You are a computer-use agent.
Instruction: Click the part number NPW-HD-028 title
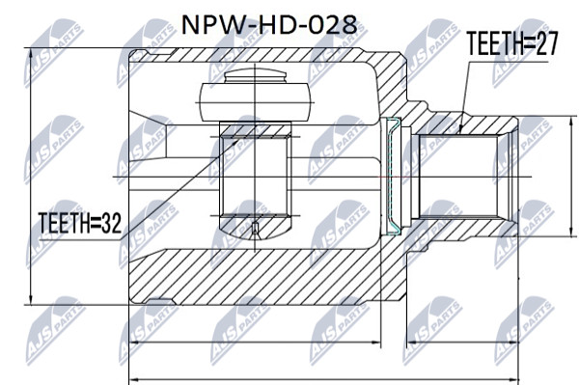(269, 25)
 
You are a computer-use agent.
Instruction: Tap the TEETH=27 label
(511, 43)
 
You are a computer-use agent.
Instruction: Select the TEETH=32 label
(80, 223)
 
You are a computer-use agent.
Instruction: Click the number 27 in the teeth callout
(546, 43)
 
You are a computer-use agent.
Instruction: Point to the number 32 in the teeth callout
(112, 223)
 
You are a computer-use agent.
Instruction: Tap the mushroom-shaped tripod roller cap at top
(255, 96)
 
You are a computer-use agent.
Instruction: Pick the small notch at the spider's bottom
(255, 230)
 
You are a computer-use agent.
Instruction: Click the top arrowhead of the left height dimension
(31, 53)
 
